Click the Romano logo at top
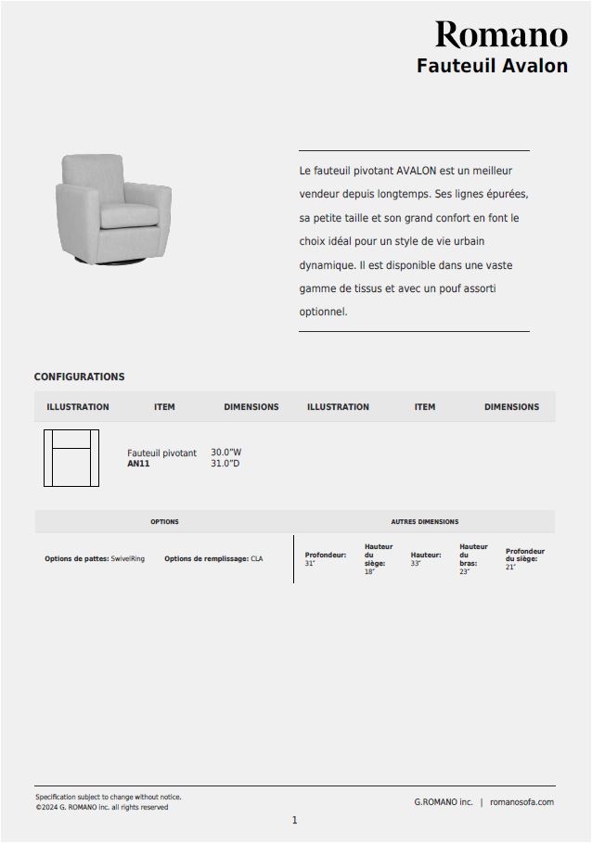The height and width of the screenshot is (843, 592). pos(501,35)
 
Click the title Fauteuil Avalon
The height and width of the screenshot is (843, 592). pos(492,66)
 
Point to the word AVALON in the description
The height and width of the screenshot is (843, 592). pos(415,172)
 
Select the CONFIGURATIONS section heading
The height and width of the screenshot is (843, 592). pos(79,377)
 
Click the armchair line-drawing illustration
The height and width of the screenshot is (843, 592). pos(71,458)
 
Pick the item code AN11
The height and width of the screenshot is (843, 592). pos(138,464)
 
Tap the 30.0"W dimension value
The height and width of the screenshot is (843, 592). pos(225,453)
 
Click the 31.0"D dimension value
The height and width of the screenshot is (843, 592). pos(225,464)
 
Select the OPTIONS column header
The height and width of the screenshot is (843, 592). pos(164,522)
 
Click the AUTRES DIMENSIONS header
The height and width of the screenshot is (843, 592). pos(424,522)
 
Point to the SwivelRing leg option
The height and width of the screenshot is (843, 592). pos(128,559)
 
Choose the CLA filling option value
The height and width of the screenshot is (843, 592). pos(257,559)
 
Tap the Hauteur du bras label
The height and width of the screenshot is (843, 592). pos(472,555)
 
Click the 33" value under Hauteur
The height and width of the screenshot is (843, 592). pos(416,564)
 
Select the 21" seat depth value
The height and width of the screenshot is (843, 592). pos(510,568)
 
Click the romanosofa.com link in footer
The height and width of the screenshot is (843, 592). pos(521,802)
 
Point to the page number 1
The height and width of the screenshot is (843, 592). pos(295,821)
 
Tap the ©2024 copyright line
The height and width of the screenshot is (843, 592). pos(102,808)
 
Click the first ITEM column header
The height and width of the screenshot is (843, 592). pos(164,407)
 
